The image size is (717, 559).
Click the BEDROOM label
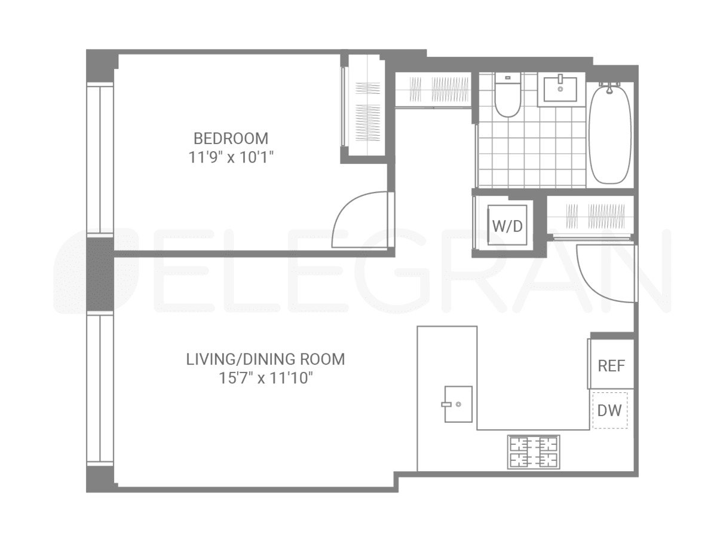click(x=231, y=139)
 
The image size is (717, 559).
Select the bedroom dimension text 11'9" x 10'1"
click(x=231, y=157)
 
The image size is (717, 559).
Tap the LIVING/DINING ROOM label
click(x=265, y=359)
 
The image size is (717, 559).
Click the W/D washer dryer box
click(x=507, y=225)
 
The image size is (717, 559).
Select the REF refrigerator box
click(x=611, y=365)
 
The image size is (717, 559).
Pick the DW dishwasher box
click(x=609, y=411)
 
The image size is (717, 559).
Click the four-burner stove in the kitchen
click(x=534, y=452)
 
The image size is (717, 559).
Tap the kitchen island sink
click(x=458, y=404)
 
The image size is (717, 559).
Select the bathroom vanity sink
click(x=560, y=89)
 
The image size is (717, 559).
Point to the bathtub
click(x=609, y=134)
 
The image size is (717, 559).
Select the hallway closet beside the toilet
click(x=434, y=90)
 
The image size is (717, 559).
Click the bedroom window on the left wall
click(x=100, y=159)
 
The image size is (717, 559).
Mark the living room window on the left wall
click(x=100, y=389)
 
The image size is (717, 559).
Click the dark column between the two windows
click(x=100, y=274)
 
